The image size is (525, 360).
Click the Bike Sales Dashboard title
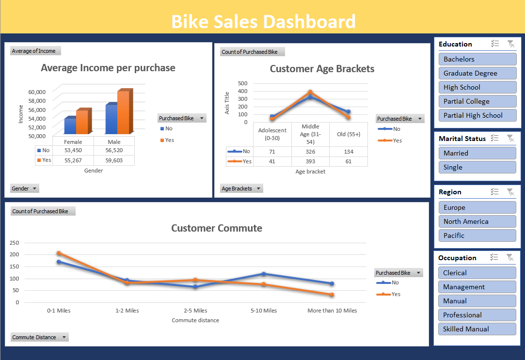(x=263, y=22)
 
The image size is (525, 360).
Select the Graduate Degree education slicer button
(x=477, y=73)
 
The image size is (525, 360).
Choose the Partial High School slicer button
(x=477, y=115)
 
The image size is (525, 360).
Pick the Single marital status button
(x=477, y=167)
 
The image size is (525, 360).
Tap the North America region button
(x=477, y=221)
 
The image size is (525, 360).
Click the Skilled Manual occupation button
(x=477, y=329)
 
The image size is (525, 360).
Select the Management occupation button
(x=477, y=287)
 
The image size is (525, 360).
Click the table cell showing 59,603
(x=114, y=160)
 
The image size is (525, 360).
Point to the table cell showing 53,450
(x=73, y=150)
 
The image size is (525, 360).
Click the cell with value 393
(x=310, y=161)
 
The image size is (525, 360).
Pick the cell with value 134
(x=348, y=152)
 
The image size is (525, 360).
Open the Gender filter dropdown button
(x=24, y=188)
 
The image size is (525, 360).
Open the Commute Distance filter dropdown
(x=39, y=337)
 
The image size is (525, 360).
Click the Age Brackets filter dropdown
(x=241, y=188)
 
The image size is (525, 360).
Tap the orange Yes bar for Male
(x=124, y=112)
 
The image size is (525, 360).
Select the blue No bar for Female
(x=70, y=126)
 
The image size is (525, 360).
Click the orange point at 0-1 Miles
(x=59, y=253)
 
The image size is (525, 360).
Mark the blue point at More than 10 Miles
(x=332, y=283)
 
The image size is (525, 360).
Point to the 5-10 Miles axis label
(x=264, y=311)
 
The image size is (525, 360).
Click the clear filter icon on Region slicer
(x=510, y=192)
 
